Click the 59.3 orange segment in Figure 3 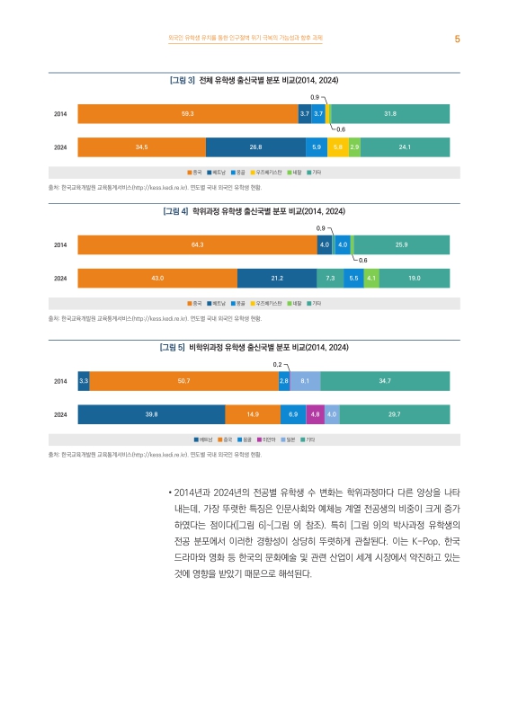pos(188,113)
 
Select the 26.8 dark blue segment pos(255,146)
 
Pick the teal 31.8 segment pos(390,113)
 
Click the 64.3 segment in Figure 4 pos(197,244)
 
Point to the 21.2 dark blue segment pos(277,279)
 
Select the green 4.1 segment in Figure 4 pos(371,279)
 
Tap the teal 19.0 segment pos(414,279)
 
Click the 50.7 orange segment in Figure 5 pos(183,381)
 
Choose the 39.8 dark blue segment pos(151,414)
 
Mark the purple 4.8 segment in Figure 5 pos(315,414)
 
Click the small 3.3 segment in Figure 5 pos(84,381)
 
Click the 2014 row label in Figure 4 pos(60,244)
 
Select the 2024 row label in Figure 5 pos(60,414)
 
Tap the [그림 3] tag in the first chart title pos(183,80)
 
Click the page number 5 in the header pos(457,39)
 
